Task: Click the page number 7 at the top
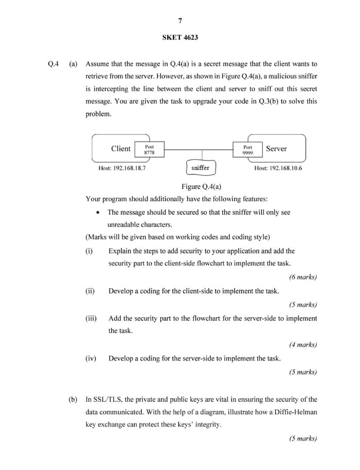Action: [180, 21]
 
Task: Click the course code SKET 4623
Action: [180, 37]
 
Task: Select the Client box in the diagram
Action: [121, 149]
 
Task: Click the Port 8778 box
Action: [149, 150]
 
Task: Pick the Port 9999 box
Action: [248, 150]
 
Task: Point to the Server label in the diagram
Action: [276, 149]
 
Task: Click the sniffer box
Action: [200, 168]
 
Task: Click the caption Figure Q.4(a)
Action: [201, 187]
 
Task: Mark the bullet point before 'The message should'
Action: [98, 213]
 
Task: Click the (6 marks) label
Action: [303, 277]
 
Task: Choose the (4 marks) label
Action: [303, 345]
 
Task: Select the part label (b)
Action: [73, 399]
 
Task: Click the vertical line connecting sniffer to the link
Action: [202, 156]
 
